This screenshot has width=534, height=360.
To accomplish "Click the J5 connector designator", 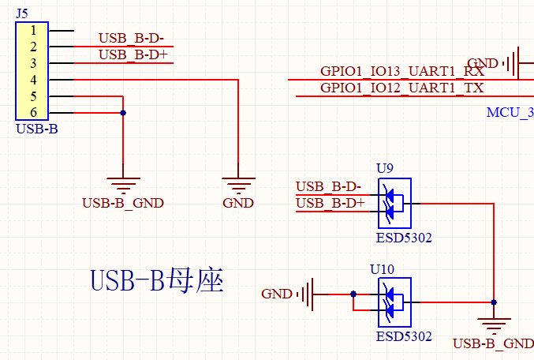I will coord(22,12).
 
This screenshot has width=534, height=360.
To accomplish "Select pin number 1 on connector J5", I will coord(33,30).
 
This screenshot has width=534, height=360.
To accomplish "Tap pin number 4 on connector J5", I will coord(33,80).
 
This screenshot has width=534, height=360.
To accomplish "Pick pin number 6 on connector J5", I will coord(33,113).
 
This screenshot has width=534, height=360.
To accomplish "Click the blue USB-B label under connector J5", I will coord(36,129).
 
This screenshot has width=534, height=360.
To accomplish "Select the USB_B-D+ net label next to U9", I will coord(330,204).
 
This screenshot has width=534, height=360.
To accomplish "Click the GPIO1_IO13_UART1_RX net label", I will coord(402,72).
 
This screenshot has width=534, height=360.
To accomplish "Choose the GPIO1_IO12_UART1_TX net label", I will coord(402,88).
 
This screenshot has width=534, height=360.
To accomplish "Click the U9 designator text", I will coord(384,167).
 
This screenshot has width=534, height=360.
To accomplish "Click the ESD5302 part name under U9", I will coord(404,237).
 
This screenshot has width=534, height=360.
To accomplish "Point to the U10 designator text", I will coord(383,269).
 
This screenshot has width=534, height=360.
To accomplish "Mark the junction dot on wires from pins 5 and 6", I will coord(123,113).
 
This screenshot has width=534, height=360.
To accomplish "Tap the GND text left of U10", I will coord(277,294).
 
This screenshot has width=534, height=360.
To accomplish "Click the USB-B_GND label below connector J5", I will coord(122,203).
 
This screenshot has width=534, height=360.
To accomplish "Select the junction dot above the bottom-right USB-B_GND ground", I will coord(494,302).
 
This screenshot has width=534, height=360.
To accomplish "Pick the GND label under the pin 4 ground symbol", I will coord(238,203).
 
